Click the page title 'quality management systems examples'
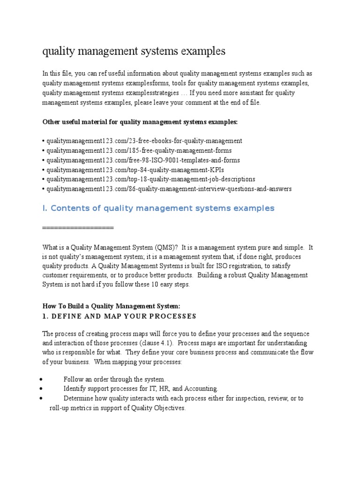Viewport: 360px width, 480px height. (x=134, y=51)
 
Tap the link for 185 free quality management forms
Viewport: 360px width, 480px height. (x=139, y=150)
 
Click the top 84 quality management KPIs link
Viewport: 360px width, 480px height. (x=132, y=170)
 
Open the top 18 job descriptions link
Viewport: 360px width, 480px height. (x=150, y=179)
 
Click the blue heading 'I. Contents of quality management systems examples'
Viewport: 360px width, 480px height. (x=158, y=208)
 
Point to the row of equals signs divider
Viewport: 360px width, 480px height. (x=78, y=227)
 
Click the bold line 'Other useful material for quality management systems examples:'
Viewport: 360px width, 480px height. (x=140, y=122)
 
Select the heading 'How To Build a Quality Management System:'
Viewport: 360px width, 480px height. (x=111, y=306)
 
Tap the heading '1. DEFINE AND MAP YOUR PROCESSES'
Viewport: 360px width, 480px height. (x=119, y=316)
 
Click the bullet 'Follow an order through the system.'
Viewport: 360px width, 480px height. (x=115, y=379)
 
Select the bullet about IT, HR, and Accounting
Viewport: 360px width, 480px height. (x=141, y=389)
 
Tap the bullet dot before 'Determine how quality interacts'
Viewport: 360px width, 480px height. (x=42, y=398)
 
